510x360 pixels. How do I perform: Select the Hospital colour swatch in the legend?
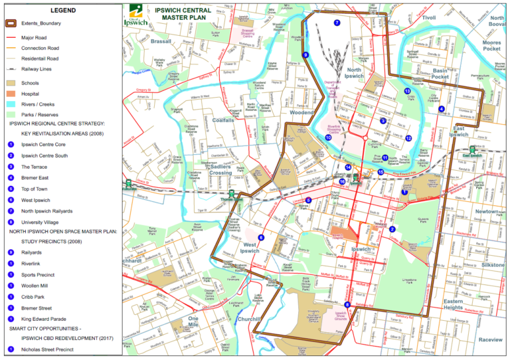click(11, 94)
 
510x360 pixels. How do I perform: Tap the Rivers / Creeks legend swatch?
click(11, 104)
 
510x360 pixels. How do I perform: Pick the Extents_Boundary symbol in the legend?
click(11, 23)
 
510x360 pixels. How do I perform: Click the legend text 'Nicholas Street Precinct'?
click(47, 349)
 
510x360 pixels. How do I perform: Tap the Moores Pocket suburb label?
click(491, 45)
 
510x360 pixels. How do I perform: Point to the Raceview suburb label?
click(491, 339)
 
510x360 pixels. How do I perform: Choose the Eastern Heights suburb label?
click(453, 304)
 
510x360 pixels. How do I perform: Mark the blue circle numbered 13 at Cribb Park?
click(407, 91)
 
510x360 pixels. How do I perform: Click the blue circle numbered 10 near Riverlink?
click(328, 137)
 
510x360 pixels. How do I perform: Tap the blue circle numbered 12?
click(408, 138)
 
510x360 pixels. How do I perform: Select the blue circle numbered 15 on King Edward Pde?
click(381, 172)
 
